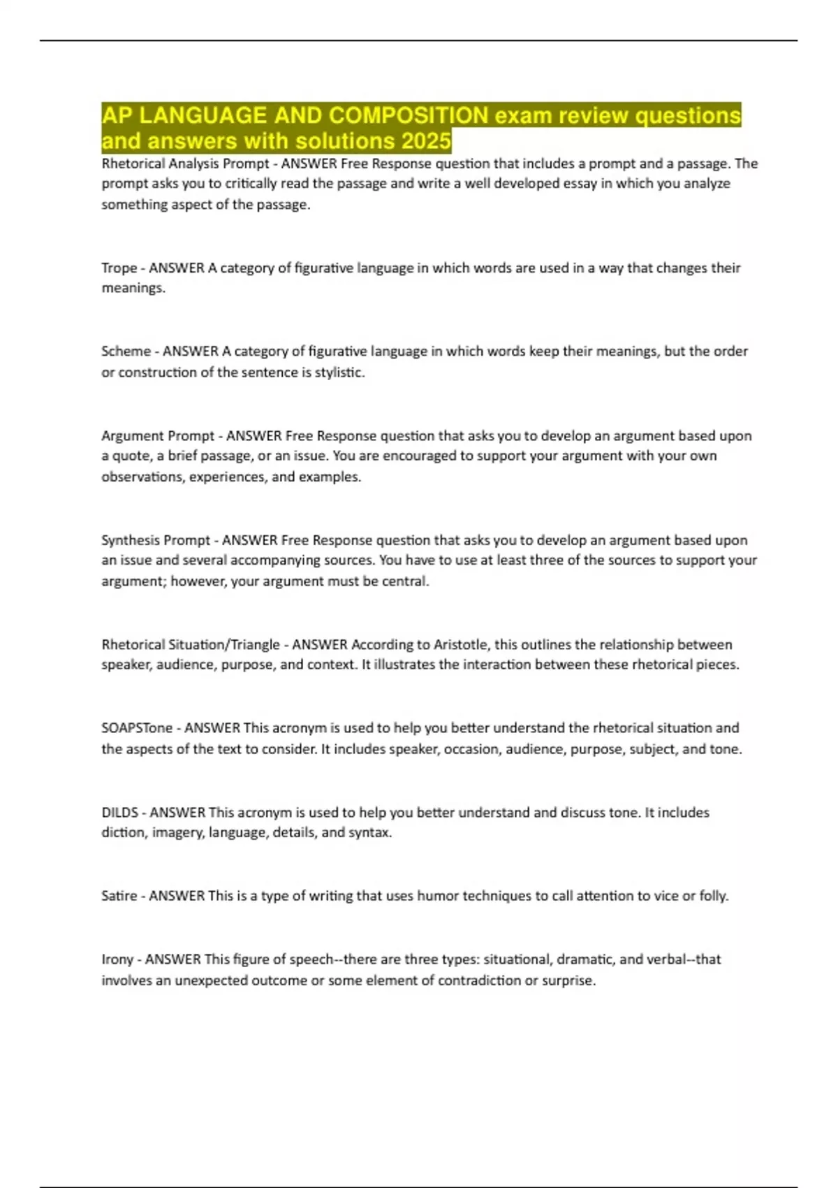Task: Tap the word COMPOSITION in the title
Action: pos(409,115)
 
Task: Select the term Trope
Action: pos(119,268)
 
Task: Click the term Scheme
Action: pos(126,351)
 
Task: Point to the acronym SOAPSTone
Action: pos(137,727)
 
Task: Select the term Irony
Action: pos(117,959)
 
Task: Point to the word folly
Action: pos(712,895)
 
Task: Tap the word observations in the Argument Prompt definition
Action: pos(142,477)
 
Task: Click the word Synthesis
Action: pos(131,540)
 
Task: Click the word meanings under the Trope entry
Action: pos(133,288)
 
